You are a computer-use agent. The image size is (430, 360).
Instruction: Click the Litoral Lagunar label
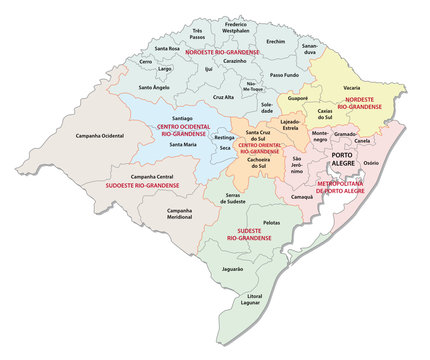(x=259, y=301)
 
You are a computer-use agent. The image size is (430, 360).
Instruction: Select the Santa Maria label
(x=182, y=145)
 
